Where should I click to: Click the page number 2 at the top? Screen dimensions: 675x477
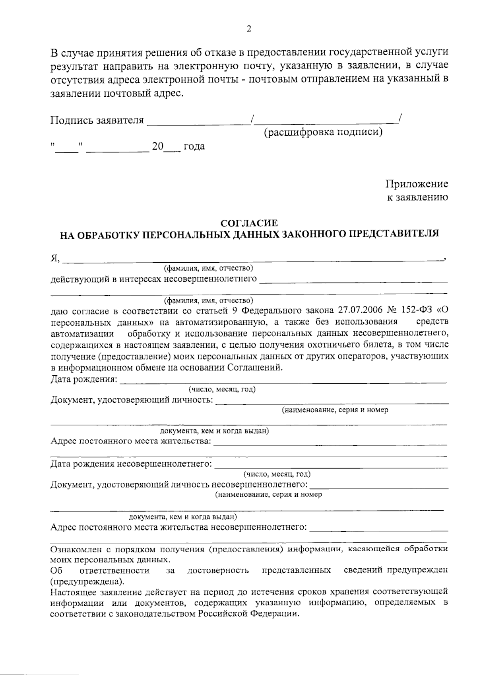[249, 29]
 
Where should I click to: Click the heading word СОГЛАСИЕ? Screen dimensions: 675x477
[249, 223]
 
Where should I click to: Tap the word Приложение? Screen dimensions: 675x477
[417, 184]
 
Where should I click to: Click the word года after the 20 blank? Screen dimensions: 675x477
[194, 146]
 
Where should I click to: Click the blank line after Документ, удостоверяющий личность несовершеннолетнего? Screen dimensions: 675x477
[379, 488]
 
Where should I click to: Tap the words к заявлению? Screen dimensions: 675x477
[417, 197]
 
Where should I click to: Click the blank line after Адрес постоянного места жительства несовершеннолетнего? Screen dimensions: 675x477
[379, 531]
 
